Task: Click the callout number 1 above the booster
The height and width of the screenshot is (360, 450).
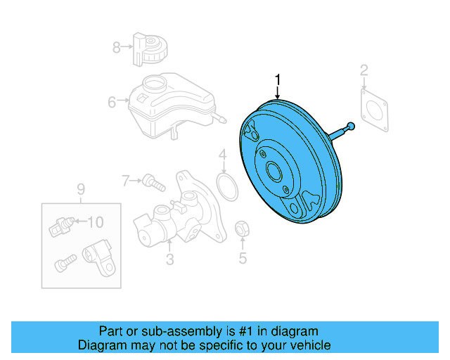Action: tap(278, 80)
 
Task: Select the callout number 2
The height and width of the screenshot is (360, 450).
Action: tap(364, 70)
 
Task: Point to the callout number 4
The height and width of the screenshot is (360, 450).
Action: tap(222, 155)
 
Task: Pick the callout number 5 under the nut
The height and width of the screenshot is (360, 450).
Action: tap(243, 259)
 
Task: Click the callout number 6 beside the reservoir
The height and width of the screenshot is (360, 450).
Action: tap(112, 103)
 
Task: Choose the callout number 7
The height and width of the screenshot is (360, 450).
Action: tap(127, 181)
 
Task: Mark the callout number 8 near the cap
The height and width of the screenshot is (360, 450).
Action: tap(117, 47)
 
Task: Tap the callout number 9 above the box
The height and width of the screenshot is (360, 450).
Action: tap(80, 188)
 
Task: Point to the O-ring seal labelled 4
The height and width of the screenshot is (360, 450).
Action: tap(225, 188)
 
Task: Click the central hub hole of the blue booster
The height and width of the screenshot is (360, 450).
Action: tap(274, 171)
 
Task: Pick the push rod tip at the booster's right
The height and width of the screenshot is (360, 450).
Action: tap(350, 126)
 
